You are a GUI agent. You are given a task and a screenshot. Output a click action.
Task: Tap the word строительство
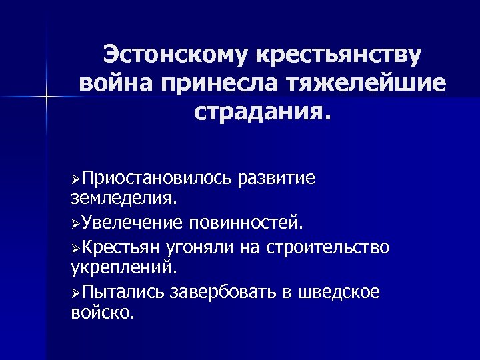(328, 247)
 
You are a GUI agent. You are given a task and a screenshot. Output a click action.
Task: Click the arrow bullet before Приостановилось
(75, 179)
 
